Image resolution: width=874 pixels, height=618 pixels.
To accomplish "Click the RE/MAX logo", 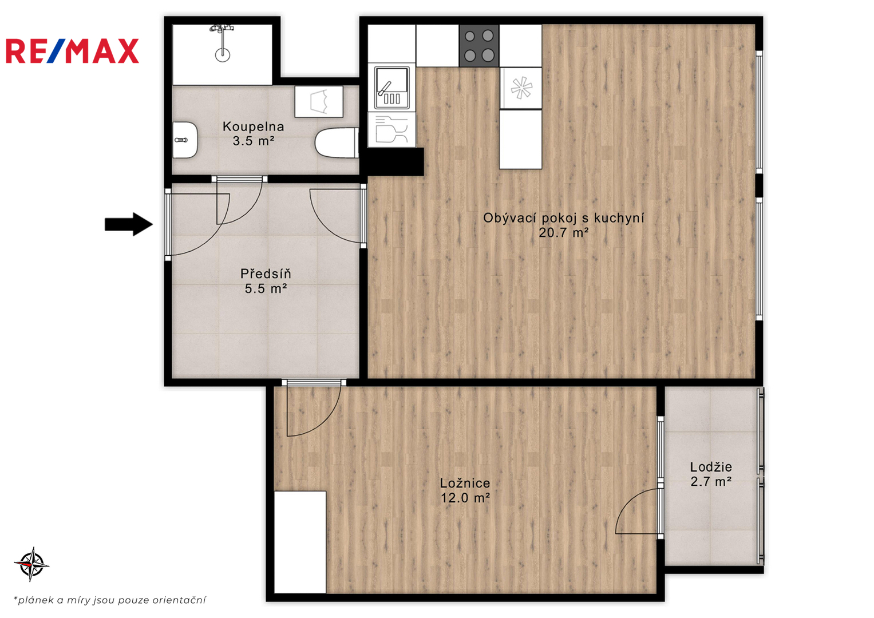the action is coord(72,51).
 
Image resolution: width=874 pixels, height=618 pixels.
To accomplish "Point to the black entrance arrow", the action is coord(128,224).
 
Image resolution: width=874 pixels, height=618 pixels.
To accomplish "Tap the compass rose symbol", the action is coord(31,564).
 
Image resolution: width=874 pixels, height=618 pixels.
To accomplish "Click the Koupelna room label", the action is coord(253,126).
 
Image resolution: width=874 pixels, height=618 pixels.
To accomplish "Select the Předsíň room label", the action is coord(266,274).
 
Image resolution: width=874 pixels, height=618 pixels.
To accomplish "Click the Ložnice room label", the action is coord(465,483).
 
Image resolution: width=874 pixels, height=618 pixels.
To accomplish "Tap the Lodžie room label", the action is coord(711,466).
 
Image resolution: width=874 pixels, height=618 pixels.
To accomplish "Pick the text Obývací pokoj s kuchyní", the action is coord(563,218).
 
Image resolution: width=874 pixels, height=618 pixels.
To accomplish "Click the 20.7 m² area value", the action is coord(563,233).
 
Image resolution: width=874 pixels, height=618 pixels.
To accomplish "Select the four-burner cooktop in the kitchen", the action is coord(479,46).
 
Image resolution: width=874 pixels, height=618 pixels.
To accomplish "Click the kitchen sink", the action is coord(391,88).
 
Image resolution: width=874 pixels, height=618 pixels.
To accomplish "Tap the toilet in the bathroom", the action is coord(337,143).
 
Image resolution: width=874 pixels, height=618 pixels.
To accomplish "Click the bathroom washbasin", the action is coord(185,140).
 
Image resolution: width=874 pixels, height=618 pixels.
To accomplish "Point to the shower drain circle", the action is coord(223,55).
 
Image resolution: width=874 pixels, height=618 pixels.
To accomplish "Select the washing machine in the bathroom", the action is coord(319,101).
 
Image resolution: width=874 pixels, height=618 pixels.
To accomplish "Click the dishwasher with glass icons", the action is coord(391,130).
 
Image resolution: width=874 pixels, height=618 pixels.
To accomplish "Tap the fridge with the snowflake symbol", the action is coord(521,88).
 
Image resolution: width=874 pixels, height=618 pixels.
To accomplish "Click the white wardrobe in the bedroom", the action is coord(300,542).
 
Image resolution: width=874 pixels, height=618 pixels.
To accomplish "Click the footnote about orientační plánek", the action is coord(110,600).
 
